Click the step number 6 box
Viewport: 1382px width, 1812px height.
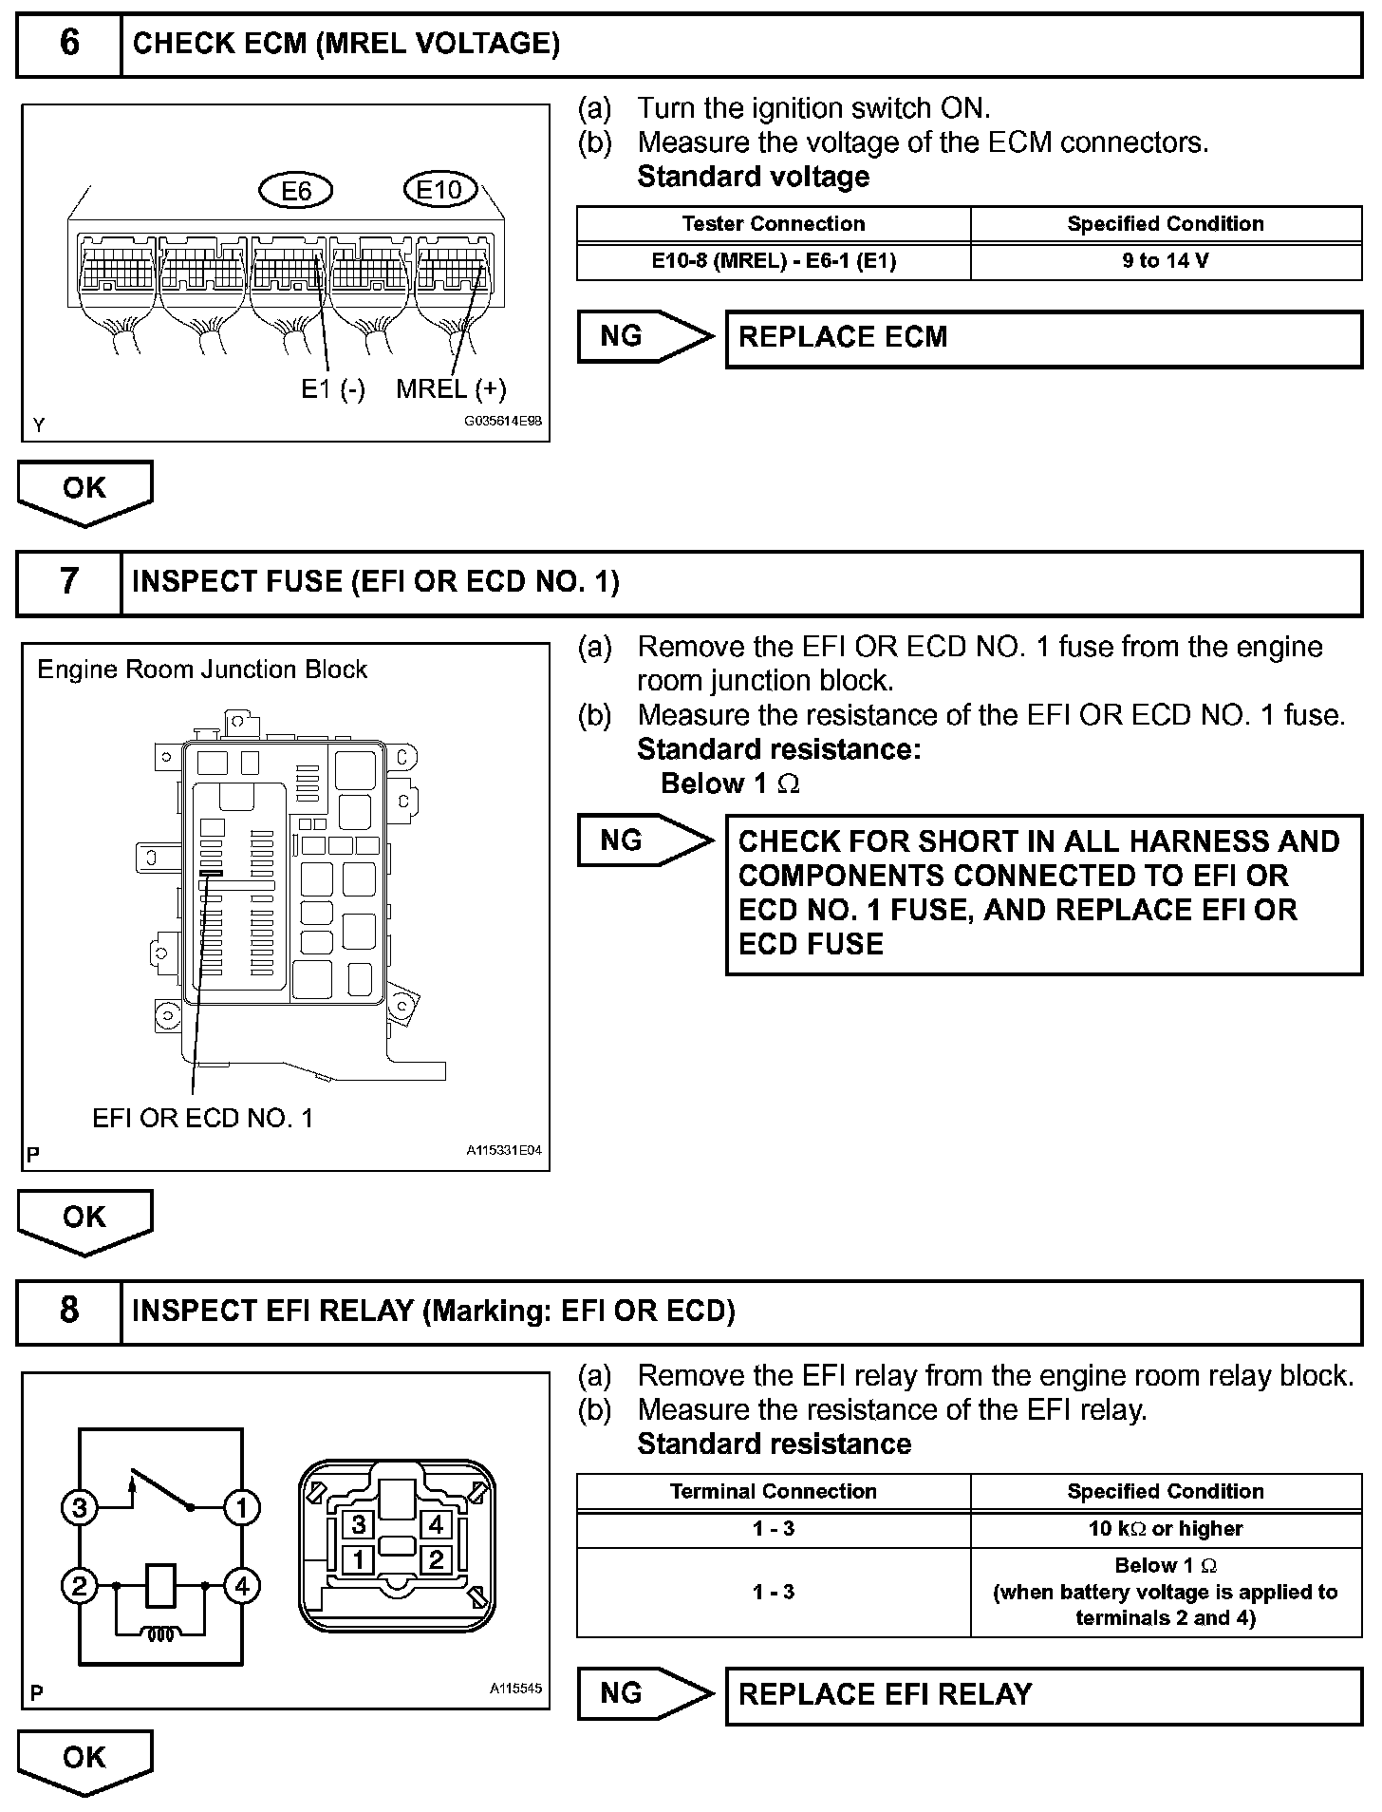point(69,44)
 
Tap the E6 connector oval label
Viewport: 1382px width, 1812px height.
point(296,191)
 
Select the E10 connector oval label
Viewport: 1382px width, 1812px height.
point(439,190)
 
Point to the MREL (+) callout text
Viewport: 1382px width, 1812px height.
point(451,388)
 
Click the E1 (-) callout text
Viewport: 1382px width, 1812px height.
point(333,388)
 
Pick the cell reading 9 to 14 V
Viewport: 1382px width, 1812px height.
point(1166,261)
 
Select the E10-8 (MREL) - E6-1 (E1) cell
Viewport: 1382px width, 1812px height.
point(774,261)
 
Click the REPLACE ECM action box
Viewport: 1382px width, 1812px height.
point(1043,338)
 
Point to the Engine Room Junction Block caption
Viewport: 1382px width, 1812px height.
point(202,670)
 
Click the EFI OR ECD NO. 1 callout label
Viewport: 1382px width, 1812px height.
point(202,1118)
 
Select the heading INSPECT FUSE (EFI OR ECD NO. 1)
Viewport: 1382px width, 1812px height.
point(376,581)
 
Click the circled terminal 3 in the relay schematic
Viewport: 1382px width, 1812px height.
point(80,1507)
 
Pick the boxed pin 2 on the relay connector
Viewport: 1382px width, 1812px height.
point(436,1558)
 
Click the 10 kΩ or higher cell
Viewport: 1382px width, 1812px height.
point(1166,1528)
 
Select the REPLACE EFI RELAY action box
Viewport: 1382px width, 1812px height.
point(1043,1694)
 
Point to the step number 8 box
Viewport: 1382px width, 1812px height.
point(69,1311)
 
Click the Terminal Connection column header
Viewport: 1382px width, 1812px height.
point(774,1491)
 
